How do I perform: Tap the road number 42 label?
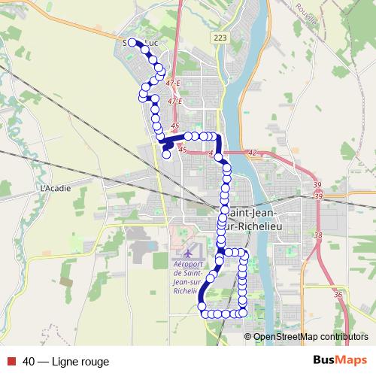[252, 153]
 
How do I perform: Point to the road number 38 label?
[318, 235]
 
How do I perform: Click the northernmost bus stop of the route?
[132, 43]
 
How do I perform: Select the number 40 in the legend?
[29, 362]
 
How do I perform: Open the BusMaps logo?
[341, 361]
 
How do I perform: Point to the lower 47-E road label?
[175, 101]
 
